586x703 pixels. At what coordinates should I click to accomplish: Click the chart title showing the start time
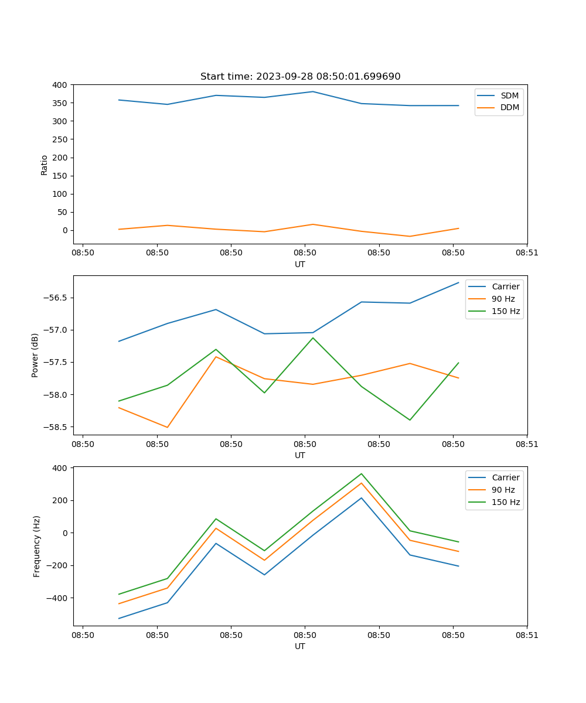click(x=300, y=77)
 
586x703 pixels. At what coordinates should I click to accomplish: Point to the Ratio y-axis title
click(x=45, y=165)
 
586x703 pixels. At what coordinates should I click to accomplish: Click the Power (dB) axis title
click(x=35, y=355)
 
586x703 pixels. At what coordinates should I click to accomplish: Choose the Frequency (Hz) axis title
click(x=37, y=546)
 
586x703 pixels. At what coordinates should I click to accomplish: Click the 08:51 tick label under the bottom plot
click(x=527, y=635)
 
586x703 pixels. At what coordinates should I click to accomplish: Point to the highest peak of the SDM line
click(x=313, y=91)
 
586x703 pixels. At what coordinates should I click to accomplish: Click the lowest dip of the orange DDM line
click(x=410, y=236)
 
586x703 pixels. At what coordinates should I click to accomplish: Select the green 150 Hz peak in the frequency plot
click(x=362, y=473)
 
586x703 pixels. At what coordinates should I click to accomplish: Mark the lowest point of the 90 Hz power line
click(x=168, y=427)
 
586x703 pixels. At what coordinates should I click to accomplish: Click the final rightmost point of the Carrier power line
click(x=458, y=282)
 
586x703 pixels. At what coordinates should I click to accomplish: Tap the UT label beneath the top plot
click(x=300, y=264)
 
